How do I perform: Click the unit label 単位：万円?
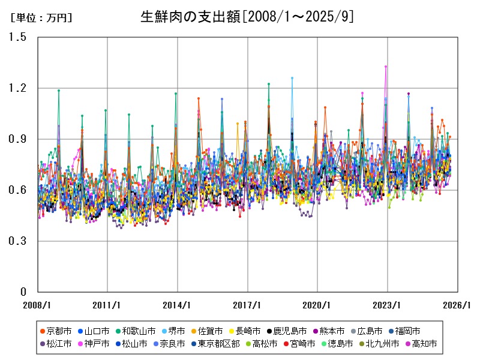click(41, 18)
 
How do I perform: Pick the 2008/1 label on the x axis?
click(37, 304)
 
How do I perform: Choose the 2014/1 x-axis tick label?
click(178, 304)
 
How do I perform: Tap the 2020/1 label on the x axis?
click(317, 304)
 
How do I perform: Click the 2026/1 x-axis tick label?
click(458, 304)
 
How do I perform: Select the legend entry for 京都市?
click(59, 331)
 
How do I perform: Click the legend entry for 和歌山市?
click(139, 331)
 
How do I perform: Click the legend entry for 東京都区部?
click(218, 344)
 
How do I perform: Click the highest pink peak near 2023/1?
click(386, 67)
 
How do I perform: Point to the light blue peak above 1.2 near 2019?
click(292, 78)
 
